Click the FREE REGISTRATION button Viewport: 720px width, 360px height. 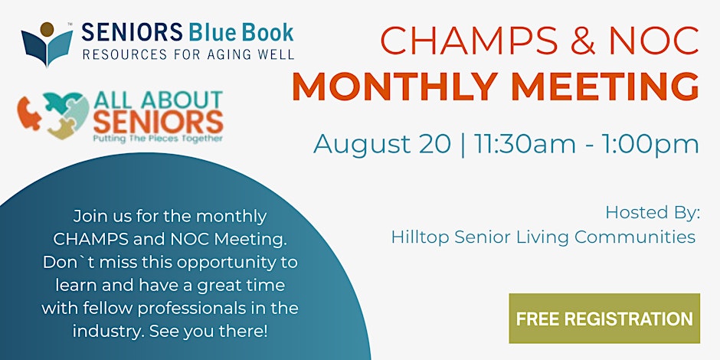(x=604, y=319)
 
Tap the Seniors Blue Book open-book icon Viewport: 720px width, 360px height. (x=47, y=44)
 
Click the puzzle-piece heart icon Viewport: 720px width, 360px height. (x=54, y=115)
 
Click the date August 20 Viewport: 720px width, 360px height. (x=382, y=145)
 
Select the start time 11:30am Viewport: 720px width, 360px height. (x=525, y=144)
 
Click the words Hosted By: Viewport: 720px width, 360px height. (x=652, y=213)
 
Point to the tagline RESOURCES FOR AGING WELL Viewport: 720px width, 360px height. (x=188, y=54)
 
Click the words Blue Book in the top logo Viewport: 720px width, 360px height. (x=240, y=33)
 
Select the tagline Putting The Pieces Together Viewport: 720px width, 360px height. (x=158, y=138)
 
